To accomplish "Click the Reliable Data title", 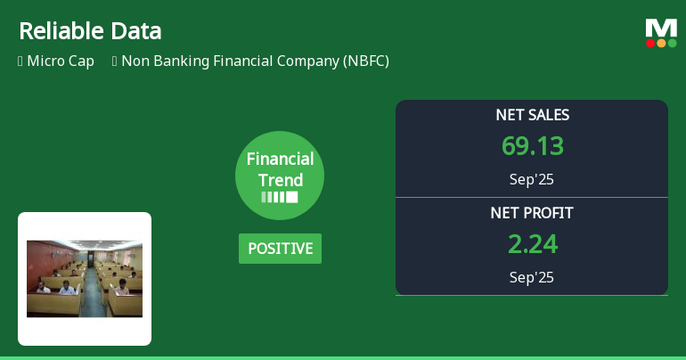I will click(x=90, y=31).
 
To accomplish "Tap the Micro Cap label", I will click(x=61, y=61).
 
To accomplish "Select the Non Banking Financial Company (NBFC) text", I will click(x=255, y=61).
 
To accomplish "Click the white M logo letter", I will click(x=661, y=28).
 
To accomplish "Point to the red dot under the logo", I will click(x=650, y=43).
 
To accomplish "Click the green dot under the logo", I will click(x=673, y=43).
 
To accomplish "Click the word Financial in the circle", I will click(x=280, y=160).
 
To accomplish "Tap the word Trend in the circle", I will click(x=280, y=180).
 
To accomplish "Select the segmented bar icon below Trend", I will click(x=280, y=197).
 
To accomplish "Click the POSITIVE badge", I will click(x=280, y=249).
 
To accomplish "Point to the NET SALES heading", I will click(x=532, y=115).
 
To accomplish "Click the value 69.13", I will click(x=532, y=146).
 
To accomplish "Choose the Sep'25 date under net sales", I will click(x=532, y=179).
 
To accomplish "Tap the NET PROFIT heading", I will click(x=532, y=213).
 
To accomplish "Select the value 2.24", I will click(x=532, y=244).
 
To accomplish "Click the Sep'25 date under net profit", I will click(x=532, y=277).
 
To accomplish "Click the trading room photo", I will click(x=85, y=278).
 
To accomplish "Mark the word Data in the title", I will click(x=137, y=31).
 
